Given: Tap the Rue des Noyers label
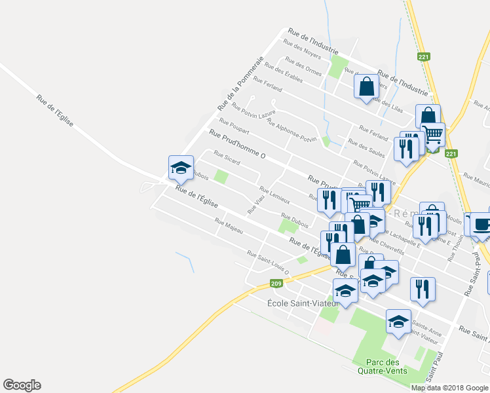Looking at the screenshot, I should click(x=301, y=49).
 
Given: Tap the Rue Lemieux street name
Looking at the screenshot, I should click(x=274, y=194).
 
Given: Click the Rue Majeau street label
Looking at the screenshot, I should click(x=229, y=226).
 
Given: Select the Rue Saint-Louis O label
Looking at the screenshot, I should click(x=267, y=262).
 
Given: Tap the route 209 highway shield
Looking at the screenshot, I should click(x=276, y=284).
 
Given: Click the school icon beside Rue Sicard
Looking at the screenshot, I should click(x=180, y=168).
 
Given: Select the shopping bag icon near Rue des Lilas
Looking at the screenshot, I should click(x=366, y=86).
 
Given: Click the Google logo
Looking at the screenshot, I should click(x=22, y=385).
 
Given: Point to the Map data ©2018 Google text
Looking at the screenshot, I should click(x=449, y=388).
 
